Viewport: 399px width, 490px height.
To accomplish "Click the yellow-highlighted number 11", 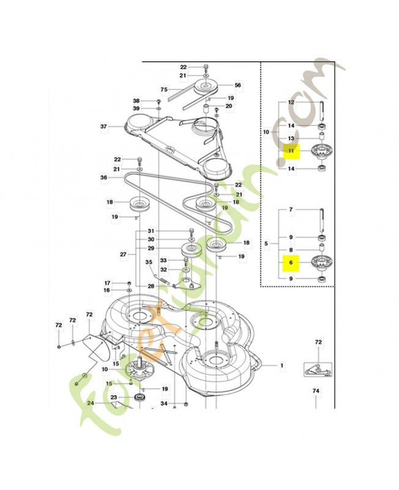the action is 291,151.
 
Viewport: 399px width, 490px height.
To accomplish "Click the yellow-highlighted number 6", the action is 291,263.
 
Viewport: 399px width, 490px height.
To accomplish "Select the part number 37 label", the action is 103,127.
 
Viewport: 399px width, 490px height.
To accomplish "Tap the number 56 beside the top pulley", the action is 238,85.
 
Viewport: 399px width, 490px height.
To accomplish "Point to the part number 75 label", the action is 164,89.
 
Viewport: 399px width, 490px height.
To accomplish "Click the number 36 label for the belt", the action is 103,178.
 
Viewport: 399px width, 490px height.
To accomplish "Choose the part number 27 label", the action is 124,254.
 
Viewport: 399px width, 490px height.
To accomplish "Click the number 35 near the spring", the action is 149,262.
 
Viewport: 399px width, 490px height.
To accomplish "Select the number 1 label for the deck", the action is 282,365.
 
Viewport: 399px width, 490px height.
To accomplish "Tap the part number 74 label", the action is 316,391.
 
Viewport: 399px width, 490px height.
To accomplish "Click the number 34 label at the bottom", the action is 164,404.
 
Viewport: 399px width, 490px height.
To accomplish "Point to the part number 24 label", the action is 91,403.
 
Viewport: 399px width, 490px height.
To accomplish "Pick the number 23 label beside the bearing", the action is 114,397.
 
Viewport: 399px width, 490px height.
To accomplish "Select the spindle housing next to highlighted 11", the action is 321,152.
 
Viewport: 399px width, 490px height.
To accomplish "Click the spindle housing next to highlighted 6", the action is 321,263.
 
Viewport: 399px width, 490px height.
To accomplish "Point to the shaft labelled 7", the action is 321,220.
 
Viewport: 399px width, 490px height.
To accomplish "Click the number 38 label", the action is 136,101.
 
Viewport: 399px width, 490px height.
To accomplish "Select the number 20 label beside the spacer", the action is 229,106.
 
